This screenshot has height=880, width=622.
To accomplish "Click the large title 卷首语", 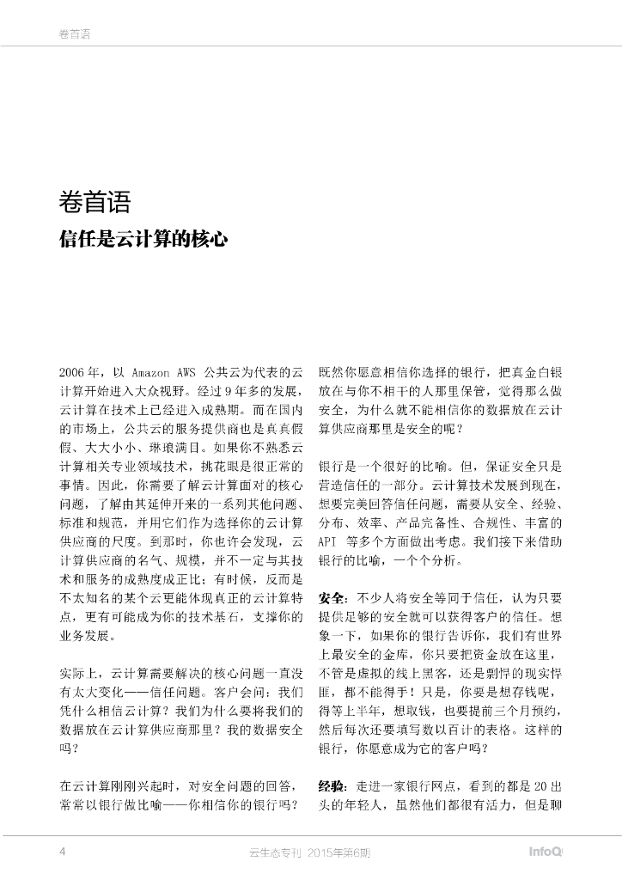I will pyautogui.click(x=95, y=204).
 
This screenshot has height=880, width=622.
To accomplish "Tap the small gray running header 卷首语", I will pyautogui.click(x=75, y=34).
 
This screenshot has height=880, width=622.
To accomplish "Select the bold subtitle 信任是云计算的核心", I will pyautogui.click(x=143, y=238).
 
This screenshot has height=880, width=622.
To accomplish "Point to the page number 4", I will pyautogui.click(x=62, y=851).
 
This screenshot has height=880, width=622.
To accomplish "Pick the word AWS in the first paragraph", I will pyautogui.click(x=187, y=373).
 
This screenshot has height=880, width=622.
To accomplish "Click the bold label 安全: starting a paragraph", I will pyautogui.click(x=333, y=597).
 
